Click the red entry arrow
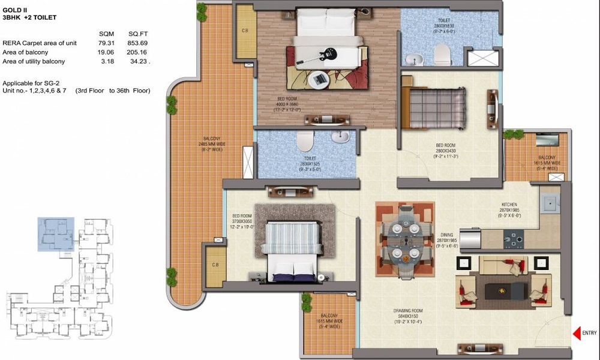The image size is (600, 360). click(577, 333)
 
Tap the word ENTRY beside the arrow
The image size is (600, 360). click(590, 333)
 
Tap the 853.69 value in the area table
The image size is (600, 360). click(138, 43)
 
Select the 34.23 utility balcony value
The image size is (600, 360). click(139, 61)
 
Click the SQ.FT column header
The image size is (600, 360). click(138, 34)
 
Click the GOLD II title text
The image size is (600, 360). click(14, 9)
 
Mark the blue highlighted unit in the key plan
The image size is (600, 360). click(56, 230)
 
